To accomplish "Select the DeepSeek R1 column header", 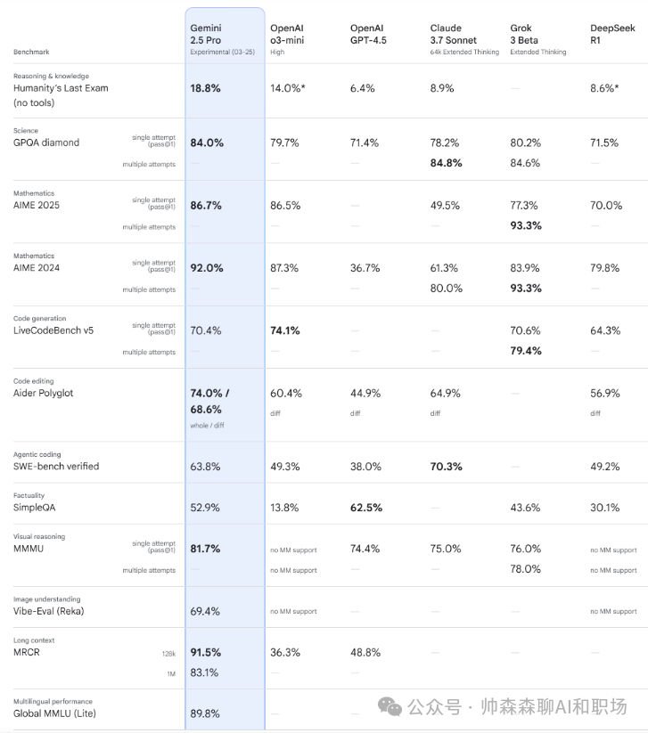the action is (612, 34).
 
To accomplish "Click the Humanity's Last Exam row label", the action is (61, 95).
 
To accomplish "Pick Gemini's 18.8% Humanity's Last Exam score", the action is (205, 88).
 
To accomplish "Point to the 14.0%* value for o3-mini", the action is (288, 88).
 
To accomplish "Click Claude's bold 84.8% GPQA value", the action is (446, 163).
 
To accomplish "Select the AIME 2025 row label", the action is (37, 205).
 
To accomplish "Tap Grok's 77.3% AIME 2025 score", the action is (524, 205).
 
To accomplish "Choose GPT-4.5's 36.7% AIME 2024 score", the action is (365, 268).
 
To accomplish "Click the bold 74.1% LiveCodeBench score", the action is (285, 330).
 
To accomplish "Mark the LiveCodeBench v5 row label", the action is (53, 330).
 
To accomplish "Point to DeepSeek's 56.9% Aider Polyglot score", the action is (605, 393).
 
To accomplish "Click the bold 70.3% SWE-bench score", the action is (446, 467).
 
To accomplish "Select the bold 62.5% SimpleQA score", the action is (366, 508).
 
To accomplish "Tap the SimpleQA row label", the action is (34, 508).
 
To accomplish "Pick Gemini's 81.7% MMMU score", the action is (205, 549).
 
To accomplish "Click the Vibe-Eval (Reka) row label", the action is (49, 611).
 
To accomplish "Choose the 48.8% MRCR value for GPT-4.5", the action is (365, 652).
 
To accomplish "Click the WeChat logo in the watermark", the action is (390, 706).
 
